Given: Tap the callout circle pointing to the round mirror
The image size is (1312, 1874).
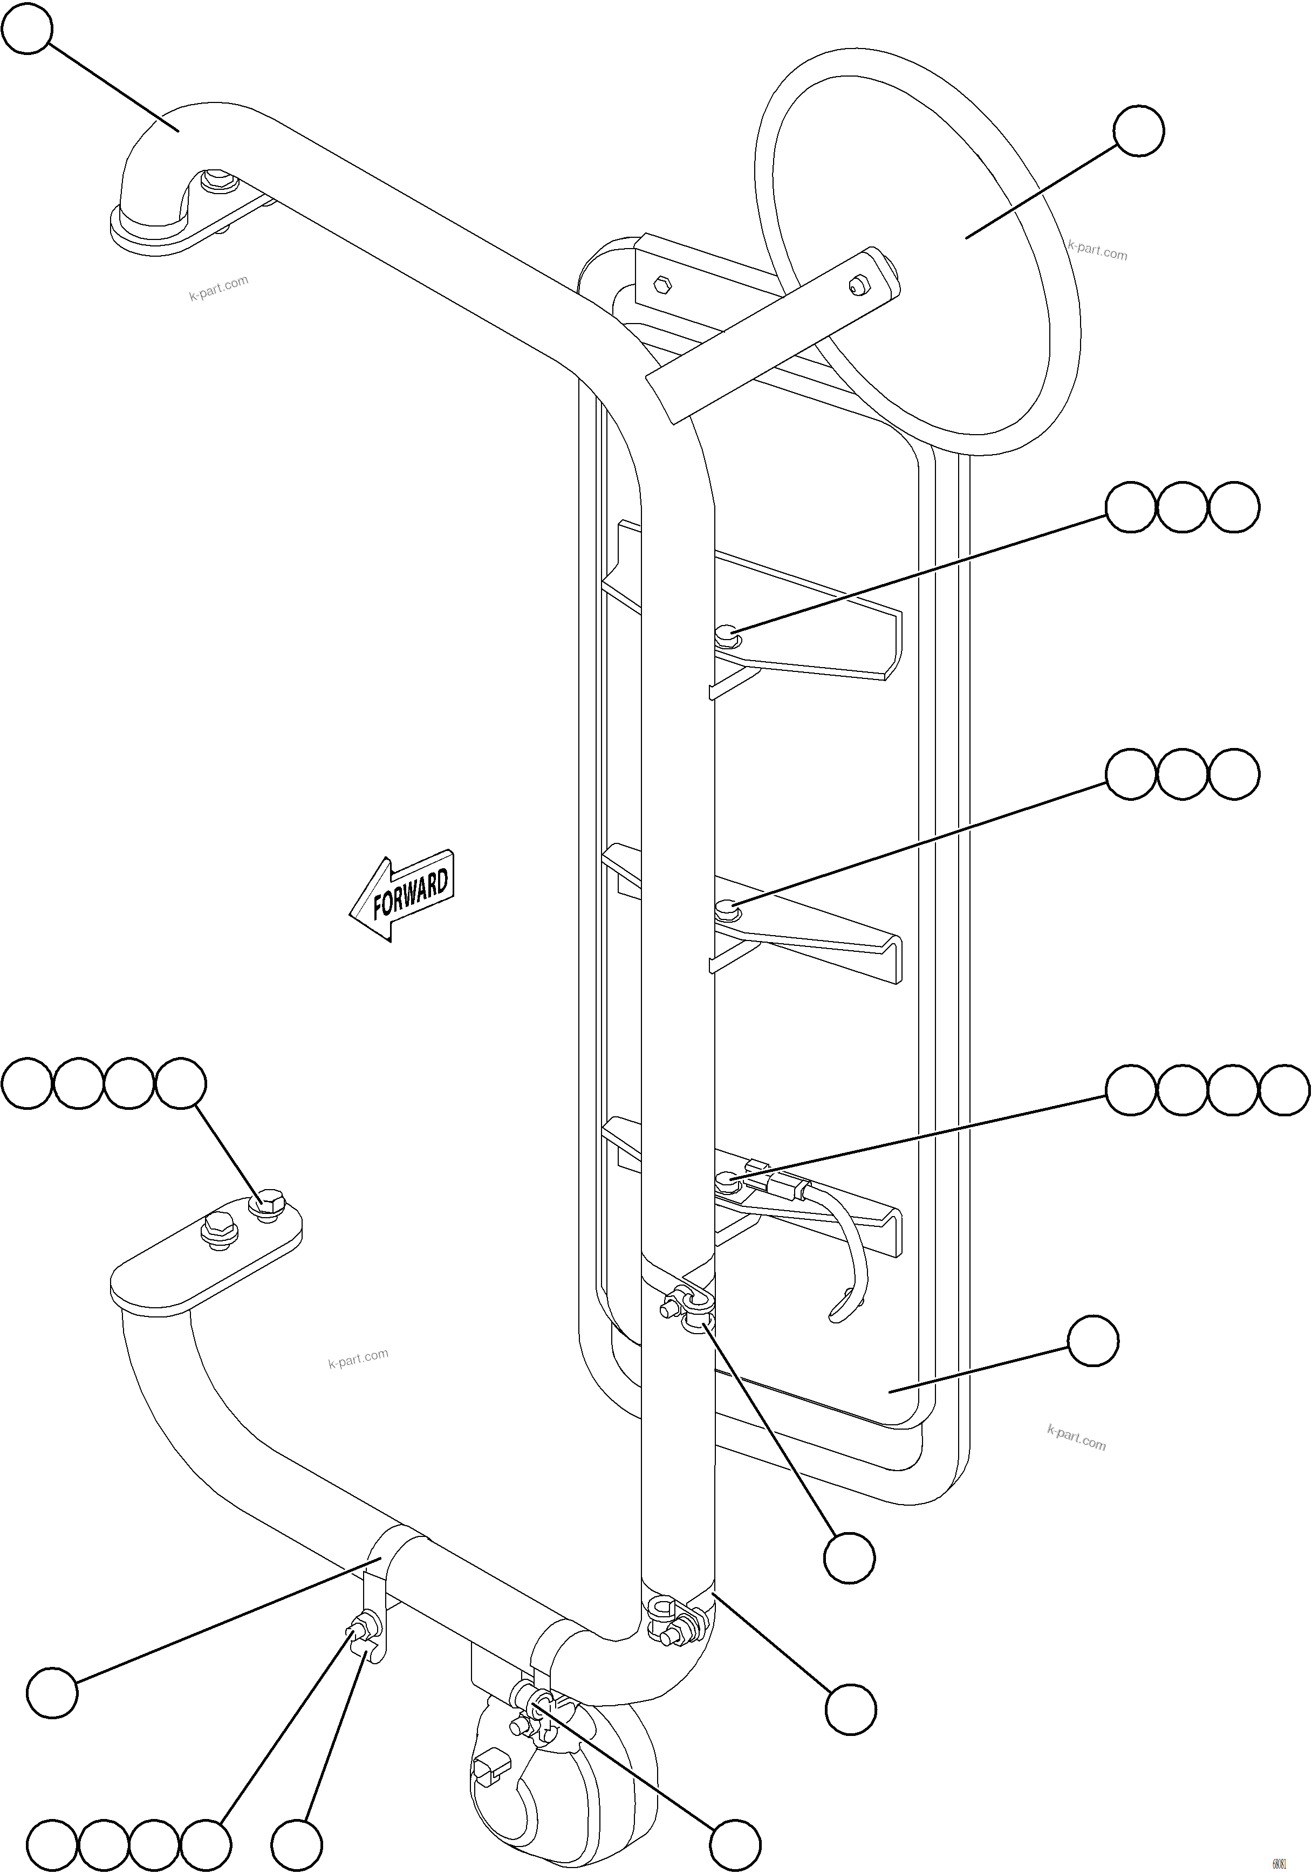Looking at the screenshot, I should (x=1138, y=131).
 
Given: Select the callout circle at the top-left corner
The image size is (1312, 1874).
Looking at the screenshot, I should (x=28, y=29).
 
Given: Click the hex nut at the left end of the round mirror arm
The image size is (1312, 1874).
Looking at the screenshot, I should (x=662, y=286).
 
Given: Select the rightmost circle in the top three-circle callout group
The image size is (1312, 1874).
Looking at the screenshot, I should (x=1234, y=507).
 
